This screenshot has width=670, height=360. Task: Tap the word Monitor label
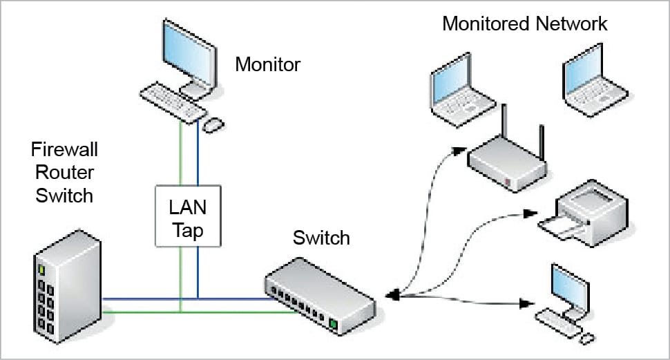coord(267,65)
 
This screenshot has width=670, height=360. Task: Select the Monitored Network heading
coord(524,23)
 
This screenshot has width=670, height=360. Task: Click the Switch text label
coord(321,238)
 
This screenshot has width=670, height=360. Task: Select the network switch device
coord(318,294)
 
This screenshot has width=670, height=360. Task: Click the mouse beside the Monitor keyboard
coord(213,125)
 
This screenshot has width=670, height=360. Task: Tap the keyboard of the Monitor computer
coord(172,104)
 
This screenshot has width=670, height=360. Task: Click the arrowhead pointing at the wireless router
coord(457,149)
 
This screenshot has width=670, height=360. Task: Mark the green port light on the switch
coord(332,323)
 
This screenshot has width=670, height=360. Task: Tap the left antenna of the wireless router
coord(504,124)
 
